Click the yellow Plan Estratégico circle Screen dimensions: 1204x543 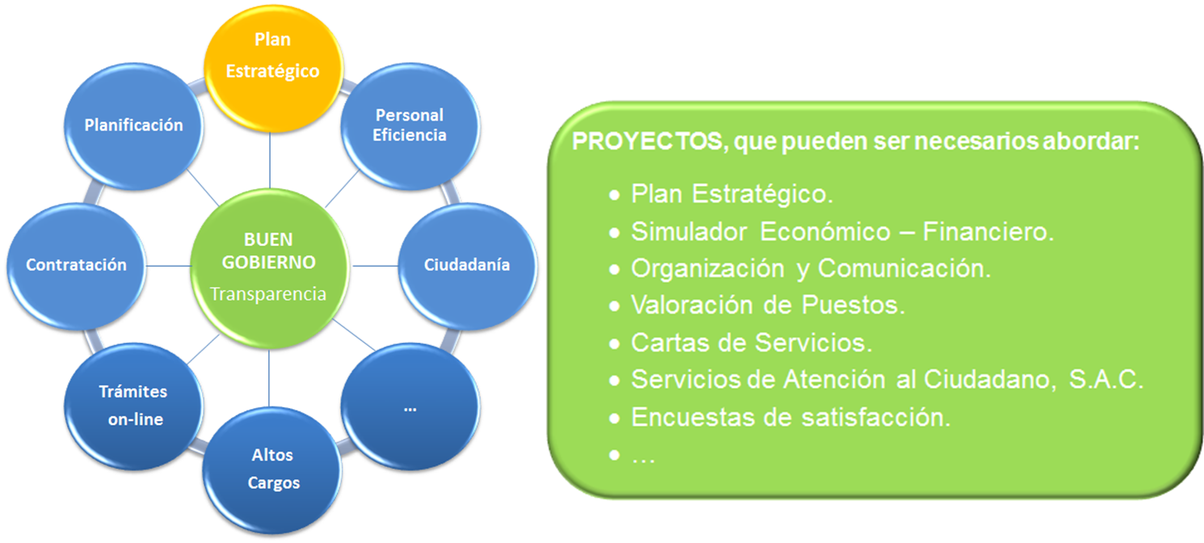274,68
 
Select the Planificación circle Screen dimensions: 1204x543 134,126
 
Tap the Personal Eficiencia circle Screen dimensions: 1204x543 410,126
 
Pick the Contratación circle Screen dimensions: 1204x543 76,266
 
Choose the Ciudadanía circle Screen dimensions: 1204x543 467,266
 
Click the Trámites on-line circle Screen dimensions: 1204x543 134,406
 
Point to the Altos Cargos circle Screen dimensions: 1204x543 272,470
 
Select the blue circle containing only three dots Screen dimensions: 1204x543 410,406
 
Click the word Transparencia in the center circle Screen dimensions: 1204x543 268,294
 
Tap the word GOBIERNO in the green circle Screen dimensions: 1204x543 269,263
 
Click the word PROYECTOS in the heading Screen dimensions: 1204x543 647,141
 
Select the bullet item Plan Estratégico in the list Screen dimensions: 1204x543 731,194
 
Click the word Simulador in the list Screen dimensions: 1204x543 689,232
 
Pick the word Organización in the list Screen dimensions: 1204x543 708,269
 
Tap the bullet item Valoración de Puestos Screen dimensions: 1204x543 768,305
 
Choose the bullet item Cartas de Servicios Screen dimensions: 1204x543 751,343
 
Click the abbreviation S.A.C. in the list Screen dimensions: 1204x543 1105,379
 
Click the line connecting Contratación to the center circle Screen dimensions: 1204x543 169,266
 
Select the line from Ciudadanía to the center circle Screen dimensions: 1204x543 375,266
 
